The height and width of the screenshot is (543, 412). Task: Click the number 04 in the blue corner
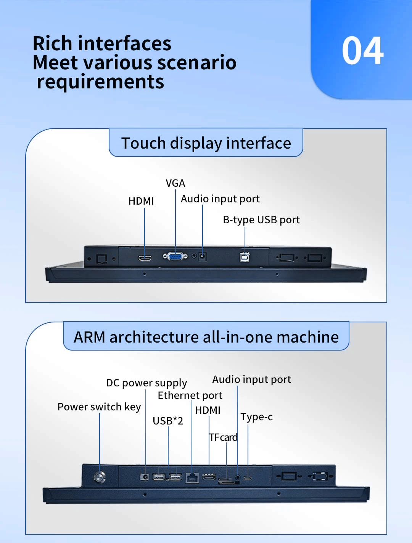(x=362, y=51)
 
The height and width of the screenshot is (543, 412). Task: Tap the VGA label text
(x=175, y=183)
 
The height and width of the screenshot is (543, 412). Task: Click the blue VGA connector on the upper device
(x=175, y=256)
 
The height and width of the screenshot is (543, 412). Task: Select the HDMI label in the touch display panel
(x=141, y=201)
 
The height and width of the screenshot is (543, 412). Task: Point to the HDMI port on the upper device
(x=145, y=258)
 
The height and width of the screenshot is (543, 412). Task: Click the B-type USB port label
(x=261, y=220)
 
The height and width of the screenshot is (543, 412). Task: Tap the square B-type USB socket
(x=245, y=257)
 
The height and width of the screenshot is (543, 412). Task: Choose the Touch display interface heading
(x=206, y=143)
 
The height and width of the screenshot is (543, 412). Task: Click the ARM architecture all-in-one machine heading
(x=206, y=337)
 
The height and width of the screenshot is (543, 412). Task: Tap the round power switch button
(x=100, y=477)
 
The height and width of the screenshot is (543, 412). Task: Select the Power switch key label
(x=99, y=407)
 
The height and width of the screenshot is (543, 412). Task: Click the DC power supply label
(x=146, y=383)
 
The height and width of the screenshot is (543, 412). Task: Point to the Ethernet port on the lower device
(x=192, y=477)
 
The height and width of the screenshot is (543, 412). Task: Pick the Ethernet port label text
(x=190, y=396)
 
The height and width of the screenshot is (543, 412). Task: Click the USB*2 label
(x=168, y=421)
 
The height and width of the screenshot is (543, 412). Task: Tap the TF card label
(x=224, y=437)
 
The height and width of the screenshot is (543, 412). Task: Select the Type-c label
(x=256, y=417)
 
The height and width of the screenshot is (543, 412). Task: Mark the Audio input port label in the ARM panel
(x=251, y=380)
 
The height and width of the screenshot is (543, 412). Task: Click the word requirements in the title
(x=100, y=82)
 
